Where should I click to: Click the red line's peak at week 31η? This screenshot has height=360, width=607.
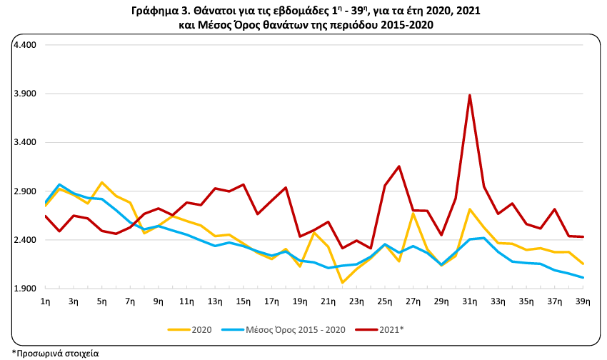[469, 95]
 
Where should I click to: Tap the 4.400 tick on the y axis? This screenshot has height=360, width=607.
[25, 45]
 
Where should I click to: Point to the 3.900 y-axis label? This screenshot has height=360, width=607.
[25, 94]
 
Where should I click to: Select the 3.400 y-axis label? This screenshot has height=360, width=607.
[25, 143]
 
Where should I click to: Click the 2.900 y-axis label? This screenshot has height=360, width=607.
[25, 191]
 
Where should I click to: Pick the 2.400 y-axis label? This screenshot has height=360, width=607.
[25, 240]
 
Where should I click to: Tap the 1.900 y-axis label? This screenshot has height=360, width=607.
[25, 289]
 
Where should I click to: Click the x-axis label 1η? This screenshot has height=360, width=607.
[45, 302]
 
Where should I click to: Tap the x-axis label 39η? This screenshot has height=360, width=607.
[583, 302]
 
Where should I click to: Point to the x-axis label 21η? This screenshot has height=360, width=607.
[328, 302]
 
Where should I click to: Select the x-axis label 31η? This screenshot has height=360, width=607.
[470, 302]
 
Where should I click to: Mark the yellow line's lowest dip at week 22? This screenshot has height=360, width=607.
[342, 283]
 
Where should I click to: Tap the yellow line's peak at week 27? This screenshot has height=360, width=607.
[413, 214]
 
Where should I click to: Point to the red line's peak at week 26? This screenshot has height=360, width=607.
[399, 166]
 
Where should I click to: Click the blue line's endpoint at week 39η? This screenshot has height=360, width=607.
[583, 278]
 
